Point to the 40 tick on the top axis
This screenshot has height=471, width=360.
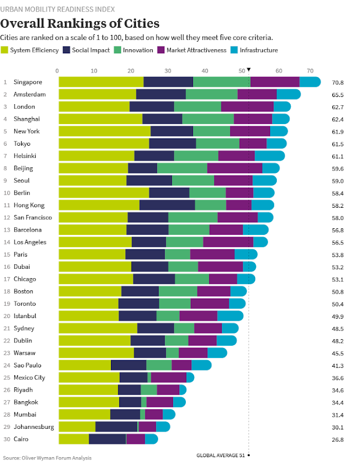(205, 70)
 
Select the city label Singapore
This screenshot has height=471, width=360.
(28, 83)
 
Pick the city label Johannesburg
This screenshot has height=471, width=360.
(33, 427)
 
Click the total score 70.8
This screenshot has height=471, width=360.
(338, 83)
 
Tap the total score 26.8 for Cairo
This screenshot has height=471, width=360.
(338, 439)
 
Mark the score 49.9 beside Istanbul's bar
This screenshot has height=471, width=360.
(338, 316)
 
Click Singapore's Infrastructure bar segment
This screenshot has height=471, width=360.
(310, 82)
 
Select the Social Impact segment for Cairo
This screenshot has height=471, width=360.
(107, 439)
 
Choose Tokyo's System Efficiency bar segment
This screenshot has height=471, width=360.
(104, 144)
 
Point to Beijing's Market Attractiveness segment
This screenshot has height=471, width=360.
(235, 168)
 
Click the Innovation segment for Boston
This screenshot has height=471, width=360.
(178, 291)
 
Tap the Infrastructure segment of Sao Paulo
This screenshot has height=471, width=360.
(201, 365)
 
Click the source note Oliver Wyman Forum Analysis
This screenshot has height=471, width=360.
(47, 458)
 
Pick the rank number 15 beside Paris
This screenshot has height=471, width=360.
(6, 255)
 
